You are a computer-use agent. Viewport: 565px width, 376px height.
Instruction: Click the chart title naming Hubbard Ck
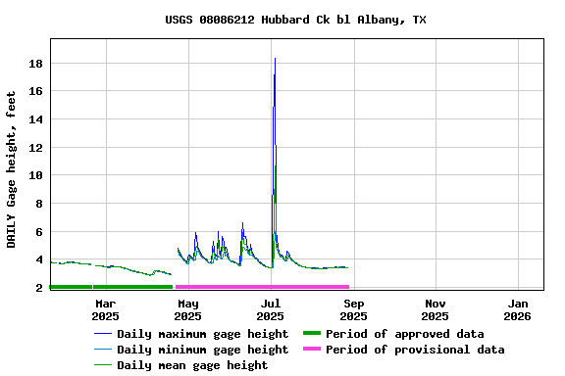point(295,20)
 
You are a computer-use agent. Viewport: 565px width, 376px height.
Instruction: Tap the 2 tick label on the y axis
point(39,288)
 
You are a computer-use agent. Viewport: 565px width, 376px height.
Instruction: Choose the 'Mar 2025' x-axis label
point(105,309)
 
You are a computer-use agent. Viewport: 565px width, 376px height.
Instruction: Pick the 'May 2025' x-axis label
point(187,309)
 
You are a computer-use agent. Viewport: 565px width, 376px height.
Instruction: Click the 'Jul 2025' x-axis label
point(270,309)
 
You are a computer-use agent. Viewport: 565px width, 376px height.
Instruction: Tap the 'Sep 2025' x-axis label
point(353,309)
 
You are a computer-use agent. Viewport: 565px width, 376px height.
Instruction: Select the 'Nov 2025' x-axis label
point(436,309)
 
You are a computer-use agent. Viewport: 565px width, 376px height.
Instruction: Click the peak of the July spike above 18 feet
point(275,59)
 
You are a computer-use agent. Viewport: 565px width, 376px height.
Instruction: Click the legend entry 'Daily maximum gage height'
point(202,334)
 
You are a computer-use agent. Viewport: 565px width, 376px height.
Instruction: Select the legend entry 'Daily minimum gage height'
point(202,350)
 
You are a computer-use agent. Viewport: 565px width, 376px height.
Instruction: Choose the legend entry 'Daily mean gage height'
point(192,365)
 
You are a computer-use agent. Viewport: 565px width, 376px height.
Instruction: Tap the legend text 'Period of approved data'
point(404,334)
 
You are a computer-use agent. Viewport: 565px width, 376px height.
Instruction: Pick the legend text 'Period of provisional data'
point(415,350)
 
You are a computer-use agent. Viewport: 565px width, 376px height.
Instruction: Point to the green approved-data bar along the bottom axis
point(110,287)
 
